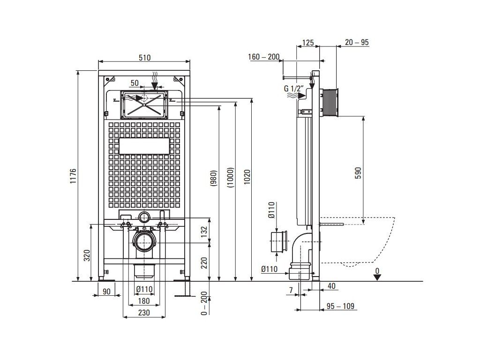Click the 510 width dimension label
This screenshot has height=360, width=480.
coord(144,58)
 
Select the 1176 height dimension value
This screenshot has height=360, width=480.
coord(73,176)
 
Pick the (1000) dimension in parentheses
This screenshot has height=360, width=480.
coord(230,178)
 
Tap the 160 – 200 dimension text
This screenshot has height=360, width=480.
coord(263,57)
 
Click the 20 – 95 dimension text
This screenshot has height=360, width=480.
coord(357,42)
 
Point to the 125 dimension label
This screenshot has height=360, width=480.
coord(307,42)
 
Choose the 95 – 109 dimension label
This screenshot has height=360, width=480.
coord(341,307)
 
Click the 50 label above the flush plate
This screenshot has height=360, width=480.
coord(135,83)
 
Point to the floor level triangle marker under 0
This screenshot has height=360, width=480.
coord(377,277)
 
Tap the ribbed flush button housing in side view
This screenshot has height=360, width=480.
coord(330,101)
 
